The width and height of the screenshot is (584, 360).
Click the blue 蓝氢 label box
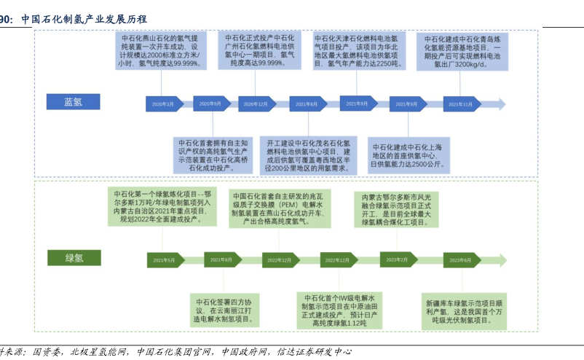(x=73, y=103)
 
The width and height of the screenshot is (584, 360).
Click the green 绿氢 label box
(x=74, y=258)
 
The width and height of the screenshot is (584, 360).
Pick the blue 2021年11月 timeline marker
(x=462, y=105)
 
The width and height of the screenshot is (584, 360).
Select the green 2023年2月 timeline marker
(x=398, y=259)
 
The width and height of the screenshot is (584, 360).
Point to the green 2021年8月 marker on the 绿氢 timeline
(x=221, y=259)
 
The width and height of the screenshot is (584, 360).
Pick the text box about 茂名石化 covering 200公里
(x=309, y=154)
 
